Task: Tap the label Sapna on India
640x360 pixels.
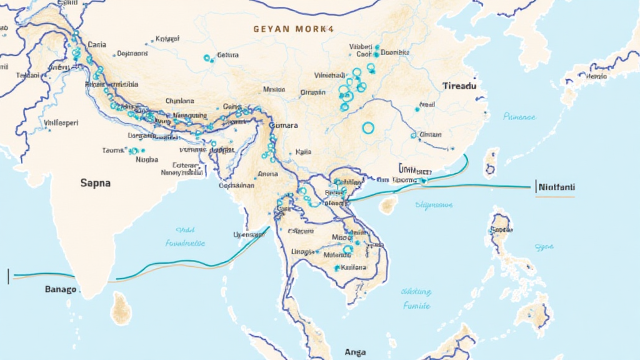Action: [96, 183]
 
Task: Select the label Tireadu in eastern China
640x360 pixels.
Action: [459, 86]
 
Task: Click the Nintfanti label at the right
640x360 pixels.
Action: [556, 186]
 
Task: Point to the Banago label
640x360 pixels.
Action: [61, 289]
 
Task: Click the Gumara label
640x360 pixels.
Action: [283, 126]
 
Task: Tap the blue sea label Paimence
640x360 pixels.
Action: [519, 116]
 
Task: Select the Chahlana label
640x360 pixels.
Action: [179, 101]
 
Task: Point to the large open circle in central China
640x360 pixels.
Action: [368, 128]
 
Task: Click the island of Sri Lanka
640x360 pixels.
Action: [121, 307]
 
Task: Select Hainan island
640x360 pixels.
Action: [389, 204]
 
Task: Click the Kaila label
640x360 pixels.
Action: [304, 151]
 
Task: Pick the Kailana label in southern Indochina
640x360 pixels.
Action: [353, 267]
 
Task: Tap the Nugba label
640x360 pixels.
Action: [147, 159]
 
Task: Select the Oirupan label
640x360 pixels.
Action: [313, 92]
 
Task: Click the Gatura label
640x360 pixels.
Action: [228, 55]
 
